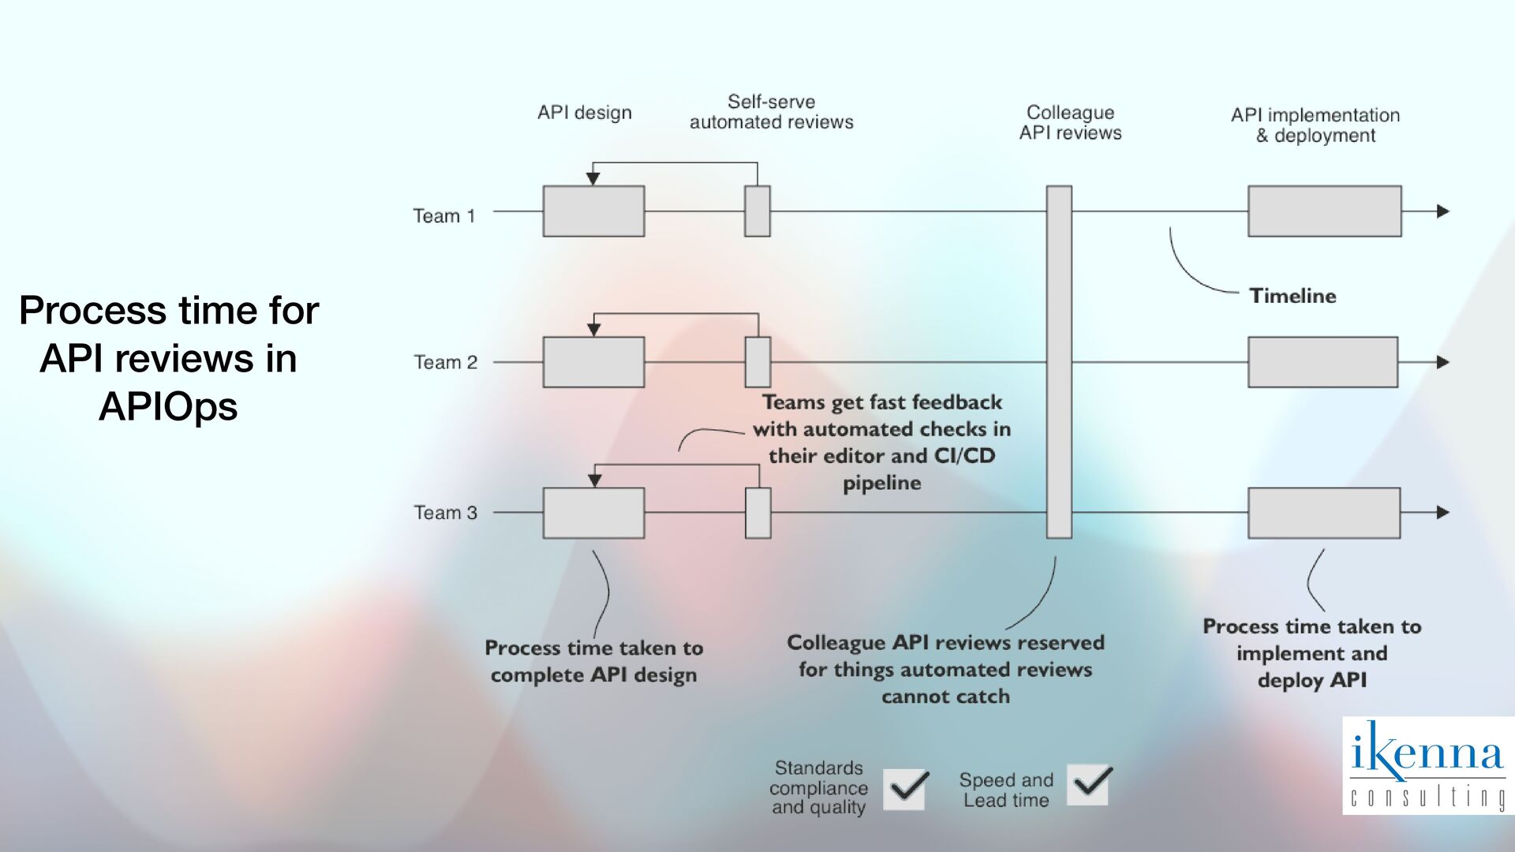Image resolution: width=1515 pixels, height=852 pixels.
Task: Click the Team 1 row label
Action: pyautogui.click(x=444, y=216)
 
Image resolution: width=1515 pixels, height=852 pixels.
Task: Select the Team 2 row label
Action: pyautogui.click(x=446, y=362)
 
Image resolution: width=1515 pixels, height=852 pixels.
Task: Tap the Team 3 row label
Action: pyautogui.click(x=446, y=513)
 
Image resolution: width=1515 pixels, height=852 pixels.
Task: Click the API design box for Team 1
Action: pyautogui.click(x=593, y=211)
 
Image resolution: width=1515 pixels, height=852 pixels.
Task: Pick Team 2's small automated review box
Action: pyautogui.click(x=757, y=362)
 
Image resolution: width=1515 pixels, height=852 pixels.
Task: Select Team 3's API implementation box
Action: pyautogui.click(x=1324, y=513)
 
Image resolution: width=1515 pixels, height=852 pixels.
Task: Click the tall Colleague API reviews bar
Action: pyautogui.click(x=1059, y=362)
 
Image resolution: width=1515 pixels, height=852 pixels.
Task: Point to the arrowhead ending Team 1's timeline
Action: pyautogui.click(x=1443, y=211)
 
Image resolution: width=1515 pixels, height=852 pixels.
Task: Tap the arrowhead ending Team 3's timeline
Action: pyautogui.click(x=1443, y=513)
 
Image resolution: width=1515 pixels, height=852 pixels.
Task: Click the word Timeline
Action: pyautogui.click(x=1292, y=296)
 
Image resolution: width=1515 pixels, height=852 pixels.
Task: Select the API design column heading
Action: pyautogui.click(x=585, y=113)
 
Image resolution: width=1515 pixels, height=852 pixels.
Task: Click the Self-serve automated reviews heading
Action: pyautogui.click(x=771, y=112)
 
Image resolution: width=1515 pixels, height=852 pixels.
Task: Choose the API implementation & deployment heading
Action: pyautogui.click(x=1315, y=125)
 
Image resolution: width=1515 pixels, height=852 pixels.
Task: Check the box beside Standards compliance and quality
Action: pyautogui.click(x=904, y=789)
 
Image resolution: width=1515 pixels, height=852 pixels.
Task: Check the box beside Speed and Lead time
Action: pyautogui.click(x=1087, y=785)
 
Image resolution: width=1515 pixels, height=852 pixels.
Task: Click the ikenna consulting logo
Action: pyautogui.click(x=1427, y=765)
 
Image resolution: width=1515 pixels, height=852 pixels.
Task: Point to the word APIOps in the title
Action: pyautogui.click(x=168, y=407)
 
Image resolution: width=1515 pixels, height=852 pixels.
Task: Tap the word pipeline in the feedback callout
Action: pyautogui.click(x=882, y=483)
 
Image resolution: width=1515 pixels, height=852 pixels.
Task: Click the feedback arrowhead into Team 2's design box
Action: pyautogui.click(x=594, y=330)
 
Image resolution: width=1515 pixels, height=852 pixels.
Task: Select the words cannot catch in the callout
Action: pyautogui.click(x=945, y=697)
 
